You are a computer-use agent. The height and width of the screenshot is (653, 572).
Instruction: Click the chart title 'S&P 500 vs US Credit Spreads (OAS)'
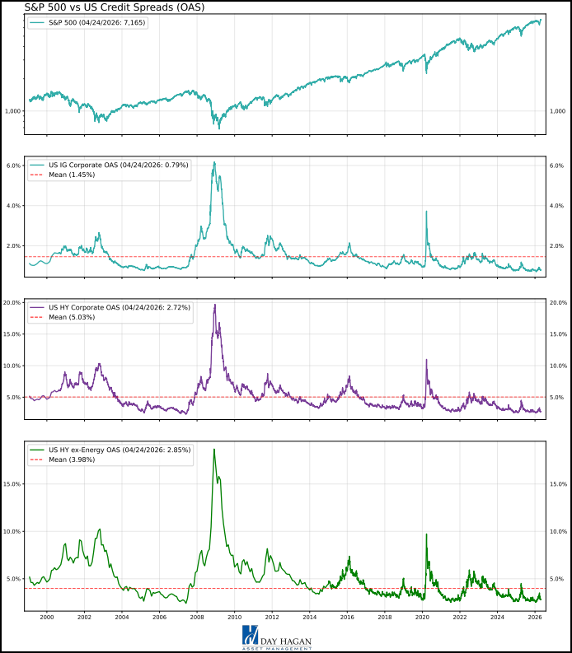click(x=103, y=7)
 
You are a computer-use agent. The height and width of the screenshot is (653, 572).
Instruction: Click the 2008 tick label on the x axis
click(x=197, y=616)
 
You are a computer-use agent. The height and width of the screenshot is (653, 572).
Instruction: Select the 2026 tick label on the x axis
click(x=535, y=616)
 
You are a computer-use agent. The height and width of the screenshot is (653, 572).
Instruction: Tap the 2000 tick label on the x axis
click(x=46, y=616)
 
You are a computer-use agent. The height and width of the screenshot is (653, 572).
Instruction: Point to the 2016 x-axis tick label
click(x=347, y=616)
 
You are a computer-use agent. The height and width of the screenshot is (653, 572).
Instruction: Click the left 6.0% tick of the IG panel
click(x=12, y=166)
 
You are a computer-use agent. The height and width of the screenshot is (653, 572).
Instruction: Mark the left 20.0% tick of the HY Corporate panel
click(x=12, y=303)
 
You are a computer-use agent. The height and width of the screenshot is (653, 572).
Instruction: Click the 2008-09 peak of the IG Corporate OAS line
click(x=214, y=162)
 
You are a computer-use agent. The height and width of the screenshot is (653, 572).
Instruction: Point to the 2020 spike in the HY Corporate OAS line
click(x=426, y=360)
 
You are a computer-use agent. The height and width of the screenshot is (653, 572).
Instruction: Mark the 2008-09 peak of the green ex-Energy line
click(x=214, y=449)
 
